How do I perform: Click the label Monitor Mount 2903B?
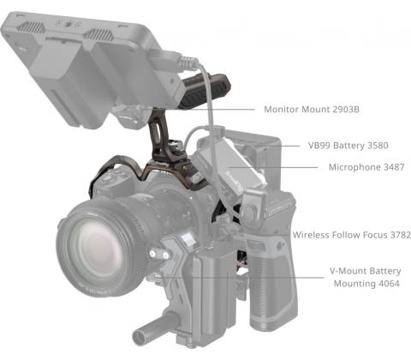tap(312, 109)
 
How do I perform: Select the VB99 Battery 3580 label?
tap(348, 146)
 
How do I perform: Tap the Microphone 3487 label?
tap(366, 167)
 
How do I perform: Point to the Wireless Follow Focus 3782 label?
tap(352, 235)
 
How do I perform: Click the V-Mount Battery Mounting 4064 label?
tap(366, 277)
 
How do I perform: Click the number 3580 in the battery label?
tap(378, 146)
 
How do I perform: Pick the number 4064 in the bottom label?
tap(389, 284)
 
